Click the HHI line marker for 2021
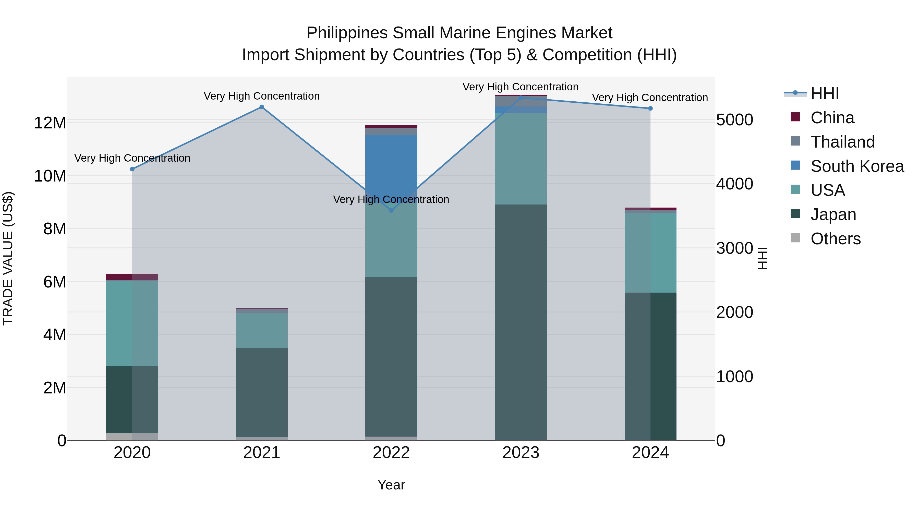click(261, 107)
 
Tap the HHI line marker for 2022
click(391, 211)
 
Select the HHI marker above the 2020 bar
click(132, 169)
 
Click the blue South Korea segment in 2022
click(391, 161)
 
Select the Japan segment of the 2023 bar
click(521, 321)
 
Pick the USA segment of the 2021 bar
click(261, 330)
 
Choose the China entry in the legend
click(832, 118)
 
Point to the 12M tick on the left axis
click(50, 123)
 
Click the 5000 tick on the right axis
click(734, 120)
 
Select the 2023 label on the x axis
click(521, 453)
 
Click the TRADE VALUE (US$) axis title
click(8, 258)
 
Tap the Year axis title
click(391, 485)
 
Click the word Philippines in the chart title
click(347, 33)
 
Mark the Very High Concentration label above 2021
click(261, 96)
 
